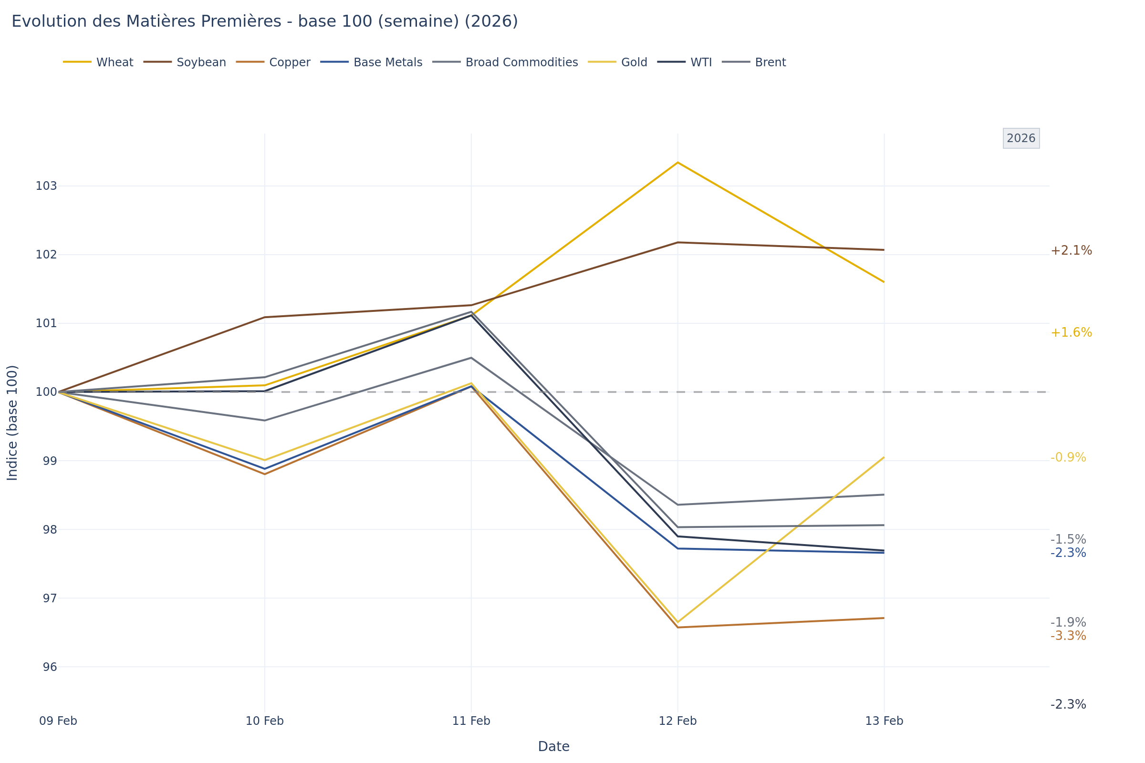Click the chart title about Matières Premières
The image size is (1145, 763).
[x=264, y=22]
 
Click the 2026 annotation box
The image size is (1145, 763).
[x=1021, y=139]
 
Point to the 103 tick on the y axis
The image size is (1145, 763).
[x=46, y=186]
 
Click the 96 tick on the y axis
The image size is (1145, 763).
[x=50, y=667]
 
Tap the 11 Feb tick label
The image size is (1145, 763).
[x=471, y=721]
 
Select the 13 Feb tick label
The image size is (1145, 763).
[x=884, y=721]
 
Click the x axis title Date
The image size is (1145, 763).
[x=553, y=747]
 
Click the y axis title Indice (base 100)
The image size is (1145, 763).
[x=12, y=423]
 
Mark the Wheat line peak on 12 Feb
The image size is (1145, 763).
[x=677, y=163]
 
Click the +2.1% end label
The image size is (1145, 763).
[x=1071, y=251]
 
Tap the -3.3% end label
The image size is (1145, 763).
[x=1068, y=637]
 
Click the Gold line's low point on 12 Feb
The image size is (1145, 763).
[x=677, y=622]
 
